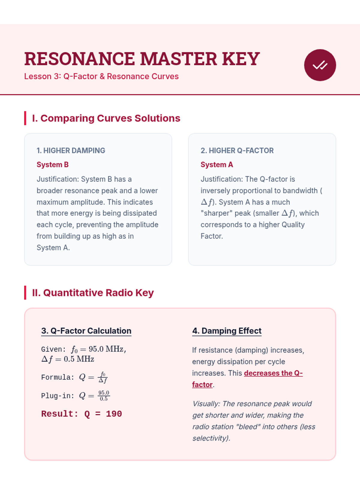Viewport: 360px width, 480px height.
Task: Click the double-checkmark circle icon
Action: [320, 65]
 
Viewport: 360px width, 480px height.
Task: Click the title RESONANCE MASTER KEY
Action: [142, 59]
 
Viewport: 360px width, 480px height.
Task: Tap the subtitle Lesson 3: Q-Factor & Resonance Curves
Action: [101, 76]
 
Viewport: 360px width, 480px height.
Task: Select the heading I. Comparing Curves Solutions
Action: [106, 118]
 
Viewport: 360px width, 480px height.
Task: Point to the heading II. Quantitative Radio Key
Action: [93, 292]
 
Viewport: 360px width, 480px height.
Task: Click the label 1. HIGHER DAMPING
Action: [71, 151]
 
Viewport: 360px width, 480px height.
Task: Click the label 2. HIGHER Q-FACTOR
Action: [237, 151]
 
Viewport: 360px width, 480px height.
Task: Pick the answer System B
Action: [52, 165]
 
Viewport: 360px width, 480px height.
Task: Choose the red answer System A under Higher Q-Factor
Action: [217, 165]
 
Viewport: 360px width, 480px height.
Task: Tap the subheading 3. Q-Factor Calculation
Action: [86, 331]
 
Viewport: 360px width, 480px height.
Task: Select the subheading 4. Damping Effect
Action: [227, 331]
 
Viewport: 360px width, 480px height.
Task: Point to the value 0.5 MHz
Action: [79, 359]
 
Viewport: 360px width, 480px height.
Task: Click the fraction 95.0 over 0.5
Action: [104, 396]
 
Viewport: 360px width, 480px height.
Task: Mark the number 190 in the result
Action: [114, 414]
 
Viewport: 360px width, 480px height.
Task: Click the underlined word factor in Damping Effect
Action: [202, 385]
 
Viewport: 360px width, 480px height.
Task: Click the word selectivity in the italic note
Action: [210, 438]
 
